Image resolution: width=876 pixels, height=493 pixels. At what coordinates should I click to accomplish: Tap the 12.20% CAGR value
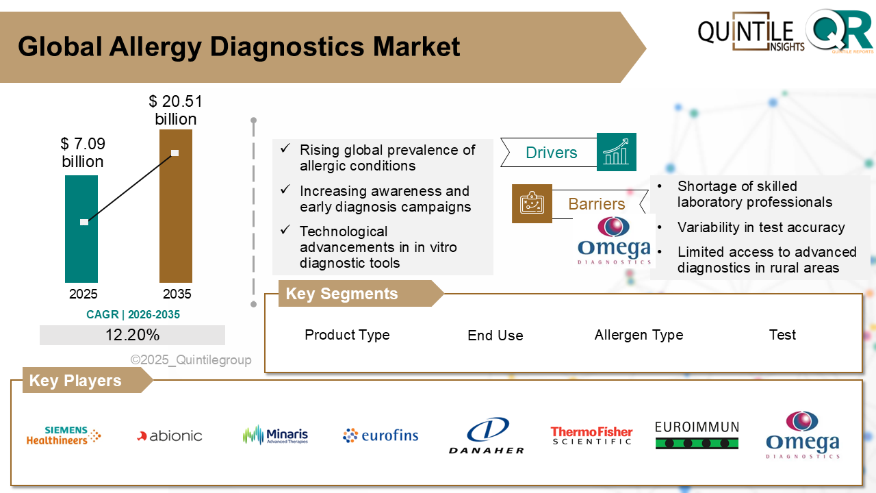[x=132, y=335]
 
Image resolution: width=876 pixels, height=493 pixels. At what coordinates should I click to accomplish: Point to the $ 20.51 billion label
[x=176, y=110]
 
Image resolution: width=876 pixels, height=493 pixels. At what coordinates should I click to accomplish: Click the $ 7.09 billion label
[x=82, y=153]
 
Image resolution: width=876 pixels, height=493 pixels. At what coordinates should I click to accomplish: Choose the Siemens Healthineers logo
[x=64, y=435]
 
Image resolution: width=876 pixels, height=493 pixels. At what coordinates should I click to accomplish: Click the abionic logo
[x=170, y=435]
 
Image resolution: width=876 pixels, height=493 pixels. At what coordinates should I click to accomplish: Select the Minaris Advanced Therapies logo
[x=275, y=435]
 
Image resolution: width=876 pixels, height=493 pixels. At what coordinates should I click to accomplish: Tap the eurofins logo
[x=381, y=435]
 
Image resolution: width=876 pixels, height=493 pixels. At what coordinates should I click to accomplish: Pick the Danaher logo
[x=487, y=436]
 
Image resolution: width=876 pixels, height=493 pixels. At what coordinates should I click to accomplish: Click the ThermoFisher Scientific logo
[x=591, y=435]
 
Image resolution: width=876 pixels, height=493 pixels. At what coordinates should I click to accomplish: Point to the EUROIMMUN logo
[x=697, y=435]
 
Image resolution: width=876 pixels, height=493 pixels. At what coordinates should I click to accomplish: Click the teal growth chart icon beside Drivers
[x=616, y=152]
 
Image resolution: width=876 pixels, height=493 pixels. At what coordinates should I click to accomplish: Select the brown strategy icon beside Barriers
[x=532, y=203]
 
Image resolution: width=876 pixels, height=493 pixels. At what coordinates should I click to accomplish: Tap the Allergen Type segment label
[x=639, y=335]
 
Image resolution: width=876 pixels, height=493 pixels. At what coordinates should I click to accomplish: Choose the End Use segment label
[x=495, y=336]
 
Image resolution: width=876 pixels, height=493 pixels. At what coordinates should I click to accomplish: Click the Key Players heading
[x=75, y=381]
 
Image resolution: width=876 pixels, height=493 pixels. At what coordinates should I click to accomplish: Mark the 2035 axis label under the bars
[x=177, y=294]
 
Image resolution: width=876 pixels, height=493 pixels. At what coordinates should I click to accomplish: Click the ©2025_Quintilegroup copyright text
[x=191, y=360]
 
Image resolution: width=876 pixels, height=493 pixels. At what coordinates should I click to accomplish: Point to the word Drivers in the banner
[x=551, y=153]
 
